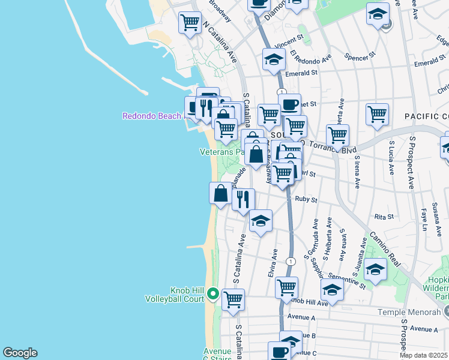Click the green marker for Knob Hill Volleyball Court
(213, 294)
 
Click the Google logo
(20, 353)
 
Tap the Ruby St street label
(306, 199)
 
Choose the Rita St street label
(384, 216)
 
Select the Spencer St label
(360, 56)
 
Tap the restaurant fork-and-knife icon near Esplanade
(243, 199)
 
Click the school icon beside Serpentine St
(375, 269)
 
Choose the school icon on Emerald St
(274, 59)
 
